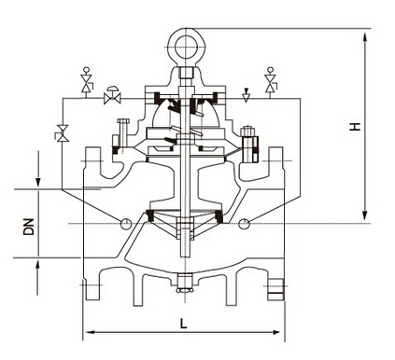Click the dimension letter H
356,126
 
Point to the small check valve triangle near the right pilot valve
245,94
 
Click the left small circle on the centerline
125,222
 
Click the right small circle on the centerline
244,222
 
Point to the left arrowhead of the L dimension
88,331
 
